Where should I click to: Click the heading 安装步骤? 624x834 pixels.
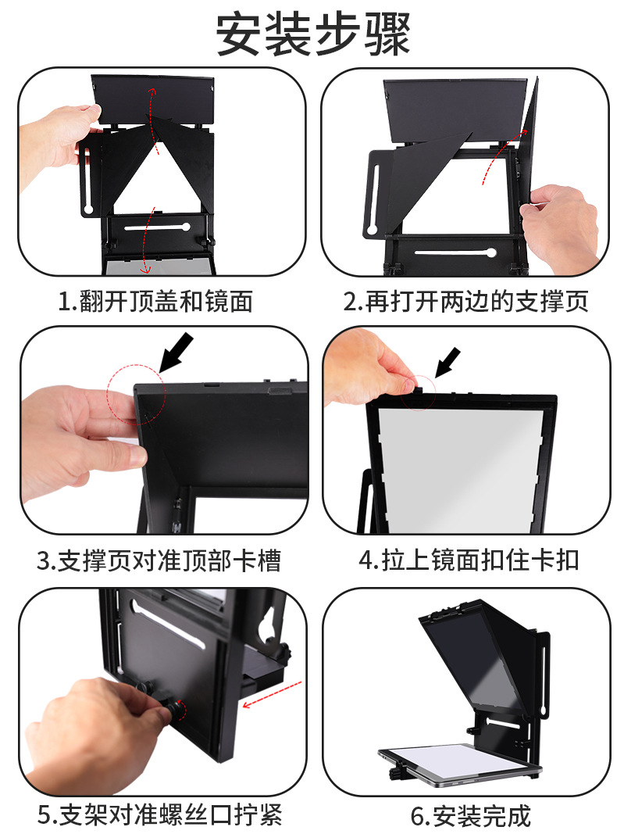click(x=313, y=34)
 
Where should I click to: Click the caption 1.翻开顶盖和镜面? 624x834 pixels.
click(x=155, y=302)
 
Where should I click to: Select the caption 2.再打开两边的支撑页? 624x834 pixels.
click(x=465, y=302)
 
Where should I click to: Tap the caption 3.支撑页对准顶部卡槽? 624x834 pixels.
click(x=159, y=561)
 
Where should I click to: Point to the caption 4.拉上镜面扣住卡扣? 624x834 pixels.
click(x=469, y=560)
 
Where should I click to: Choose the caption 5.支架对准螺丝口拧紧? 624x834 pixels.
click(x=159, y=814)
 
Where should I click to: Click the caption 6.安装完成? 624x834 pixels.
click(x=471, y=815)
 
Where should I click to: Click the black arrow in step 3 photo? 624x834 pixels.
click(x=177, y=352)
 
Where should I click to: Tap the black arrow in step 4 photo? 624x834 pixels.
click(x=447, y=362)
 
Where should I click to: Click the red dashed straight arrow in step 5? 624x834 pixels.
click(x=272, y=694)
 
